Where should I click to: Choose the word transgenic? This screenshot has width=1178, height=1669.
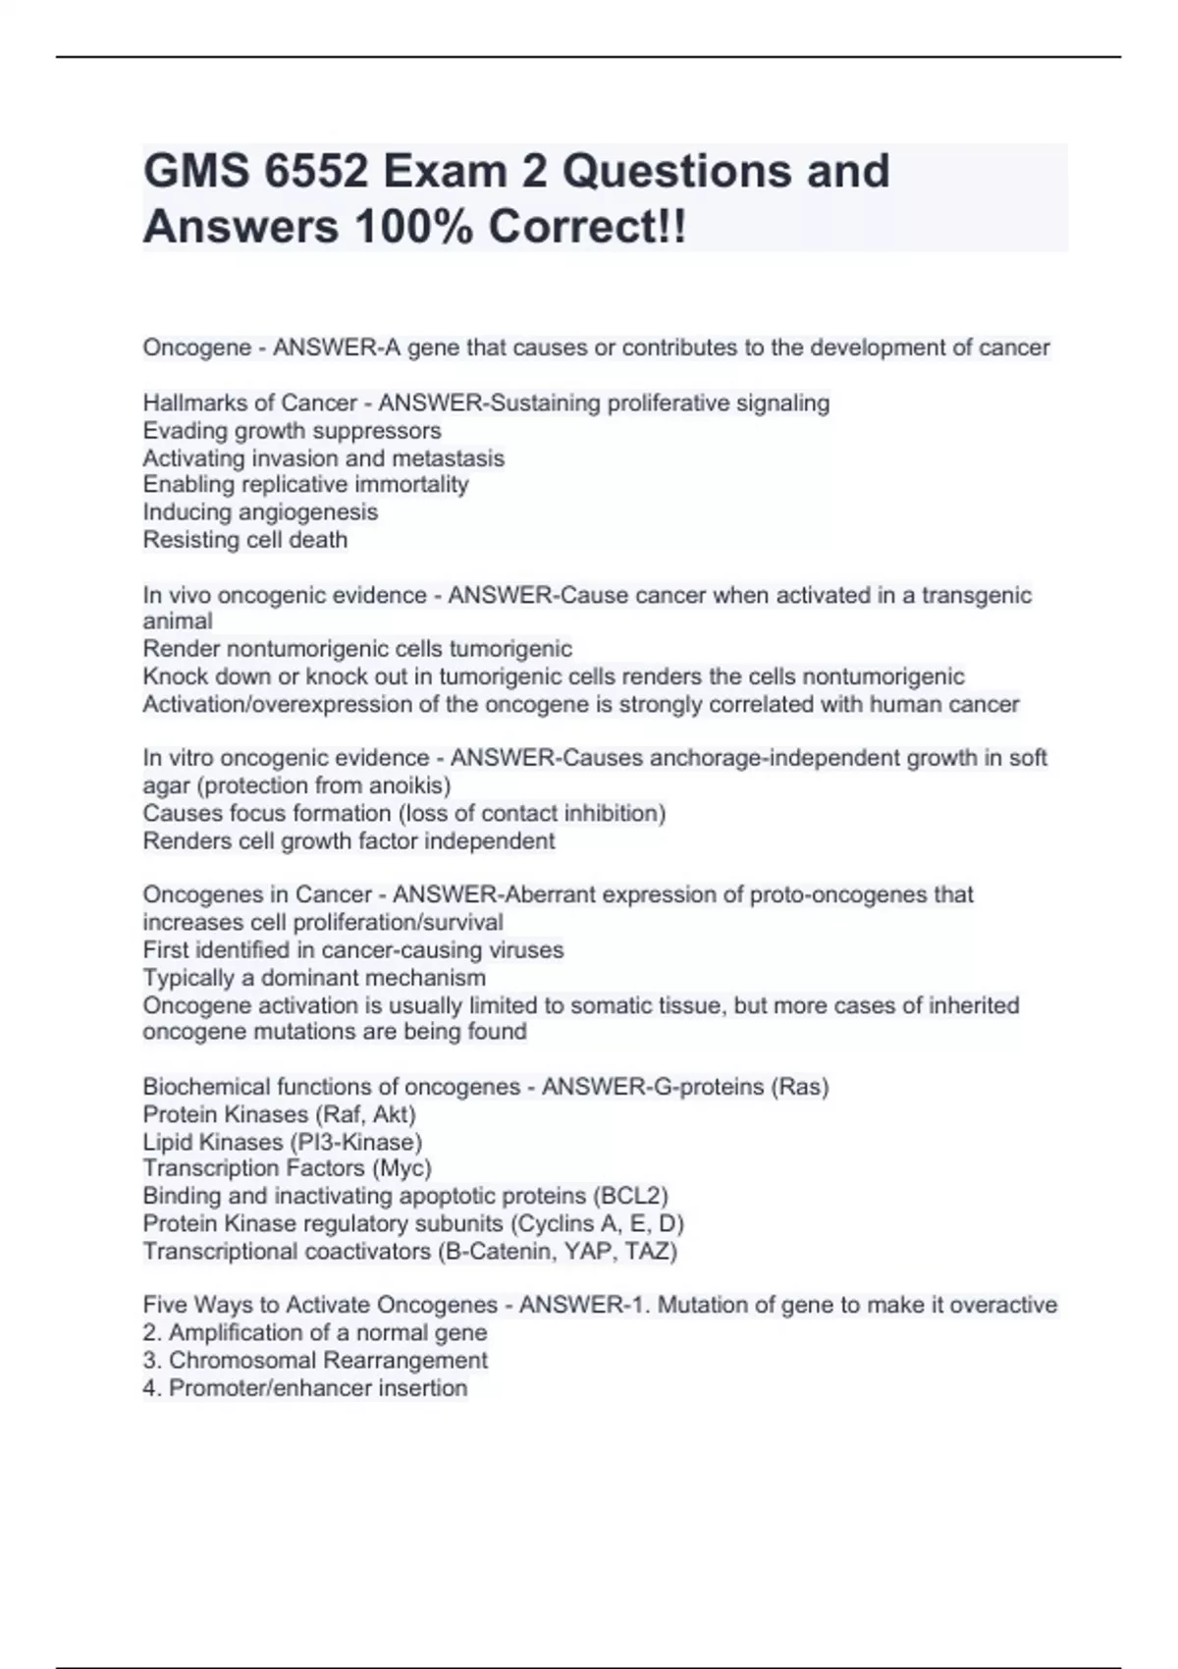[976, 595]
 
